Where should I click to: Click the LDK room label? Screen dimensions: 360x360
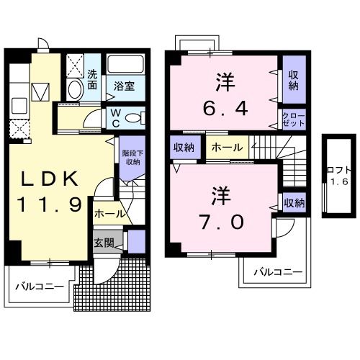(x=50, y=179)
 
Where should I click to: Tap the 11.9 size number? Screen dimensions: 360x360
(x=50, y=204)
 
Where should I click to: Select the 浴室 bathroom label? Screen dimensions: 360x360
(x=124, y=86)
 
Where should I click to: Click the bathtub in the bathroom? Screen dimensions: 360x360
(x=126, y=64)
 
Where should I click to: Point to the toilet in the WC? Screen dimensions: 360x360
(x=135, y=118)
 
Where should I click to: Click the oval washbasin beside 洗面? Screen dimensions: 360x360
(x=75, y=89)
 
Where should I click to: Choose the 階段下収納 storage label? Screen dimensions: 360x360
(x=132, y=157)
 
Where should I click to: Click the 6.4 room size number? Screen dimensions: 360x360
(x=225, y=109)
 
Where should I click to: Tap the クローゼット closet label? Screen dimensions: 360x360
(x=294, y=120)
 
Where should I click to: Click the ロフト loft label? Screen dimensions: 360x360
(x=339, y=170)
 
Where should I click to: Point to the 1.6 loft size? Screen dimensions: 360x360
(x=339, y=181)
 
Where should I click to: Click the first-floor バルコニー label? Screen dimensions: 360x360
(x=40, y=287)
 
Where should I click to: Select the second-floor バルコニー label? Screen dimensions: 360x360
(x=279, y=272)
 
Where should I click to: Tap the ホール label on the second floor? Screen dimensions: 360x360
(x=227, y=148)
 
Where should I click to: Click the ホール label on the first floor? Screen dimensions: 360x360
(x=110, y=214)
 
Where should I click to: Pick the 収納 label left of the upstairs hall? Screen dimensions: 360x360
(x=184, y=147)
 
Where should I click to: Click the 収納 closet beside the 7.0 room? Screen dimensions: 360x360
(x=294, y=203)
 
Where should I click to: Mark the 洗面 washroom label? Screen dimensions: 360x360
(x=92, y=79)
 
